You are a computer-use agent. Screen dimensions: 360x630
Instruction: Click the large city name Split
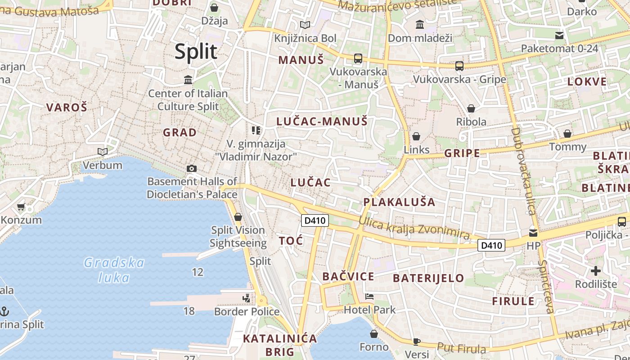click(x=196, y=52)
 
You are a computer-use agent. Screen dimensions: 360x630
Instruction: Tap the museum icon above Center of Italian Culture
click(x=188, y=80)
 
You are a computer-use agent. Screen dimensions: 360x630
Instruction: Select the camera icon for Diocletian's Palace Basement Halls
click(x=192, y=168)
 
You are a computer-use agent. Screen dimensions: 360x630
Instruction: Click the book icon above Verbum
click(x=103, y=152)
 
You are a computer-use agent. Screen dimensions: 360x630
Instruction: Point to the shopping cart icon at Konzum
click(x=21, y=207)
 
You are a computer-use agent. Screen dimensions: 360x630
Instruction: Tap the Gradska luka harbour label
click(x=114, y=270)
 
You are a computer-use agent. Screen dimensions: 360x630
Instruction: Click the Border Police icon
click(x=246, y=298)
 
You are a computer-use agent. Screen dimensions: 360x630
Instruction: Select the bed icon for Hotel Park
click(x=369, y=297)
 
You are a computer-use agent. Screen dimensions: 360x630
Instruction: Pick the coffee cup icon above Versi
click(x=417, y=342)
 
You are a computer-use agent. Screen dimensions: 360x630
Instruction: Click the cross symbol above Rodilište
click(x=596, y=271)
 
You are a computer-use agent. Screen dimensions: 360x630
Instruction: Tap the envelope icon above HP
click(x=533, y=233)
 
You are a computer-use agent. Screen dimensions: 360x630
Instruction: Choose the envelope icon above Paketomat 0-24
click(x=559, y=35)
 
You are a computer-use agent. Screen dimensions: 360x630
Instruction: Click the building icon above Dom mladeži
click(x=420, y=24)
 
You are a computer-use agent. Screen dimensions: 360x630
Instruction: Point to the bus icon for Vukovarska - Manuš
click(x=358, y=58)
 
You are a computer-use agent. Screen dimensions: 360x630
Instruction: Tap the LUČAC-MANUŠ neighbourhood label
click(x=322, y=121)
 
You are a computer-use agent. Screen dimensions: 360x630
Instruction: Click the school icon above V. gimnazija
click(x=256, y=130)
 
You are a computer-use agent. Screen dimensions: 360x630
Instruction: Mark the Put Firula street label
click(x=462, y=348)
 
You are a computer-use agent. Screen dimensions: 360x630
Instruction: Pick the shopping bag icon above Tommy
click(x=567, y=134)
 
